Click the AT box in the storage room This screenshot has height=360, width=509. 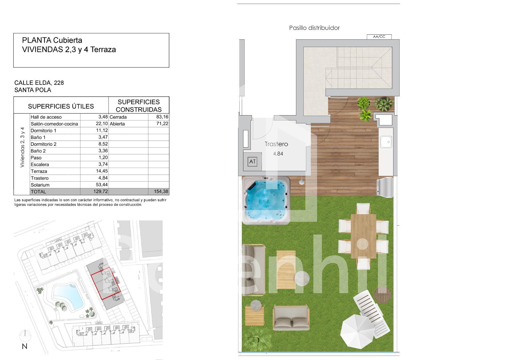tap(252, 162)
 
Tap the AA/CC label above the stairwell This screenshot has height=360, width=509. tap(379, 37)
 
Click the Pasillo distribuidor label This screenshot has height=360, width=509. tap(314, 28)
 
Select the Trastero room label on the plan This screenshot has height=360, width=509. tap(276, 144)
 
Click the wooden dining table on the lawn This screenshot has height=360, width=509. tap(363, 236)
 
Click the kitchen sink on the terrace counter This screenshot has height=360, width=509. tap(386, 142)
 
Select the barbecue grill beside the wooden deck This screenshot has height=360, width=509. tap(385, 188)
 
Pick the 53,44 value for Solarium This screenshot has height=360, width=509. tap(102, 185)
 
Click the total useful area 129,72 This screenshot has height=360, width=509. tap(101, 192)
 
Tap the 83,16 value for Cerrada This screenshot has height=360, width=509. tap(162, 117)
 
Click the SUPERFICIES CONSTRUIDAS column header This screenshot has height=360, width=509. tap(139, 106)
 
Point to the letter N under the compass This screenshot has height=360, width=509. tap(25, 346)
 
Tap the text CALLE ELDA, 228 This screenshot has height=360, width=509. tap(39, 83)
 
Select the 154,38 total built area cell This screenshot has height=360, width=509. tap(161, 192)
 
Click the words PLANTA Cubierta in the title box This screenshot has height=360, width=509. tap(52, 40)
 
